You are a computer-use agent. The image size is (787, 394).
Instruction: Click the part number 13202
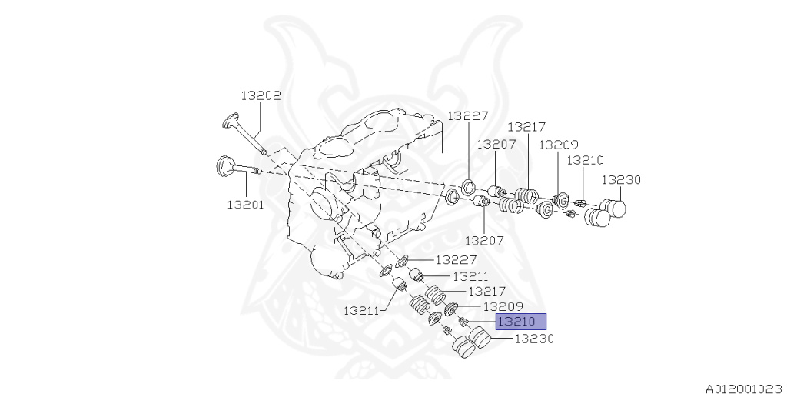pyautogui.click(x=261, y=95)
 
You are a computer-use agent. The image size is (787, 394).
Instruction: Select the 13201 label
pyautogui.click(x=245, y=205)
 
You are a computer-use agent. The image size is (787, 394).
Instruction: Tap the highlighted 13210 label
pyautogui.click(x=520, y=322)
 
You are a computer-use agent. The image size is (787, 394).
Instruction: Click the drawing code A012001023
pyautogui.click(x=745, y=389)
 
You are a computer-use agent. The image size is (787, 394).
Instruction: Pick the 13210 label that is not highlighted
pyautogui.click(x=585, y=160)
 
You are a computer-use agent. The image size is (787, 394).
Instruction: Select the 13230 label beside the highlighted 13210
pyautogui.click(x=535, y=339)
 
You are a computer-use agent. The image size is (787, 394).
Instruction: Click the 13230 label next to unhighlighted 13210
pyautogui.click(x=621, y=180)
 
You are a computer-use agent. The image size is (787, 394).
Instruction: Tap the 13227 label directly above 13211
pyautogui.click(x=456, y=260)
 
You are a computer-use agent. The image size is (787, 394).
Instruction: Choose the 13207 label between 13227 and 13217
pyautogui.click(x=496, y=144)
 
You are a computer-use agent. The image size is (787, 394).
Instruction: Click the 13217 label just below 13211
pyautogui.click(x=486, y=292)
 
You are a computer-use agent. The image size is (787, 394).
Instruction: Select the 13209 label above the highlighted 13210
pyautogui.click(x=503, y=306)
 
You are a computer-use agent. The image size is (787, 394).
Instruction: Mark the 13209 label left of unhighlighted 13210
pyautogui.click(x=559, y=145)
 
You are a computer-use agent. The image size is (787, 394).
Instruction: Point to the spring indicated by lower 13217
pyautogui.click(x=435, y=292)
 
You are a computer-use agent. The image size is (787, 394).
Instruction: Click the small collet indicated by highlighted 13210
pyautogui.click(x=463, y=322)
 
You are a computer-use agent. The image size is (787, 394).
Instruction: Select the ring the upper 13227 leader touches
pyautogui.click(x=468, y=185)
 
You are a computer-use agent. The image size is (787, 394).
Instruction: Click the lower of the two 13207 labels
pyautogui.click(x=484, y=241)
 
